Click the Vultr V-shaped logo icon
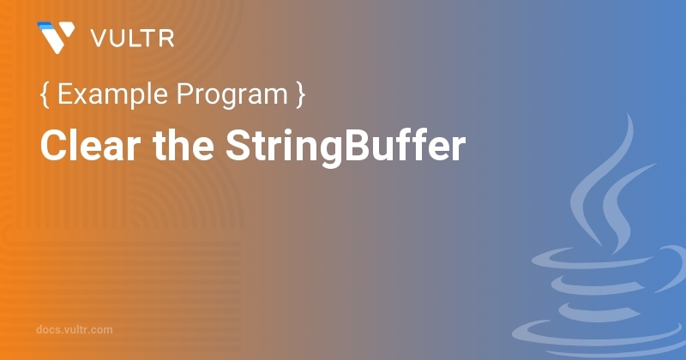pos(56,37)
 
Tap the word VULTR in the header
pos(133,38)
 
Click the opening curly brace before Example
pos(45,95)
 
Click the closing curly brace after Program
pos(300,95)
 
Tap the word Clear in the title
pos(91,145)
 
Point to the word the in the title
pos(184,145)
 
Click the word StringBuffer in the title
pos(346,147)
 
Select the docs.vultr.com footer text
pos(75,329)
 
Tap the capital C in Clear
pos(55,146)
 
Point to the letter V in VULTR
pos(99,39)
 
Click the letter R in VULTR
pos(166,39)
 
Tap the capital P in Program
pos(185,93)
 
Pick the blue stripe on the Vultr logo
pos(45,27)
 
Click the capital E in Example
pos(66,93)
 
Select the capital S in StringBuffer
pos(239,146)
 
